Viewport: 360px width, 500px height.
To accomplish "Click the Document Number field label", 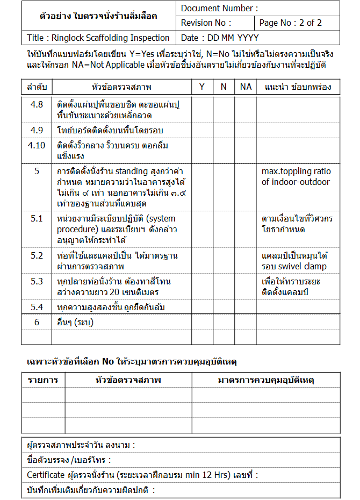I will tap(219, 8).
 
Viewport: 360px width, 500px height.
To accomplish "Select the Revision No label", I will tap(206, 23).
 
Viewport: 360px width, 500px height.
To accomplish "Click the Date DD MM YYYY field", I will tap(220, 38).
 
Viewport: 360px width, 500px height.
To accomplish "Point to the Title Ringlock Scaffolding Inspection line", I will tap(98, 38).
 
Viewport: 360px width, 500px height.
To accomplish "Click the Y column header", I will tap(202, 87).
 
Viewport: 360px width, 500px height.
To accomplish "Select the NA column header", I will tap(246, 87).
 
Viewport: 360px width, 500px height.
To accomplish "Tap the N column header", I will tap(224, 87).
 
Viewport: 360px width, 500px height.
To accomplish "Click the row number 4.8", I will tap(37, 104).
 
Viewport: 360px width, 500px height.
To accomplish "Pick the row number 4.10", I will tap(37, 145).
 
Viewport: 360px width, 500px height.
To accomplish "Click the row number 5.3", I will tap(37, 281).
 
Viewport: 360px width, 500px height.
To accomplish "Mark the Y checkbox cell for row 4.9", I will tap(202, 130).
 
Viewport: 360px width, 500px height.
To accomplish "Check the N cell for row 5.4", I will tap(224, 307).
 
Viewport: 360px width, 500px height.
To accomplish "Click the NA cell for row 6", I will tap(246, 322).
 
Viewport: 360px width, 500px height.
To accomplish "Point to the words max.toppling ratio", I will tap(296, 172).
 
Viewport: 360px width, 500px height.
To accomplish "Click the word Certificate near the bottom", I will tap(46, 475).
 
